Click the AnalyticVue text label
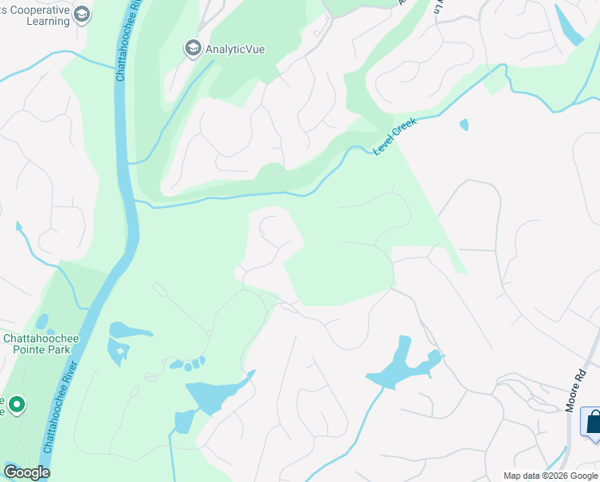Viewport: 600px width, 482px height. (235, 49)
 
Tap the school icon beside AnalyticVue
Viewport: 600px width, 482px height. (193, 49)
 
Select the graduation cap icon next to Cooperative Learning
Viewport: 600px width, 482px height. (82, 14)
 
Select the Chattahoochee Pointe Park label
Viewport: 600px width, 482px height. (41, 345)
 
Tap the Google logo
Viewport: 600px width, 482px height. (26, 472)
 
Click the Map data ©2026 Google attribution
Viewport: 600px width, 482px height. (550, 476)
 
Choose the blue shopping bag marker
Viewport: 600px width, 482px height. (593, 422)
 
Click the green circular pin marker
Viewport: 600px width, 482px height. (15, 405)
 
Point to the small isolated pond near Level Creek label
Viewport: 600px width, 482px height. (464, 125)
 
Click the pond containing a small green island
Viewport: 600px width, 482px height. (118, 351)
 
